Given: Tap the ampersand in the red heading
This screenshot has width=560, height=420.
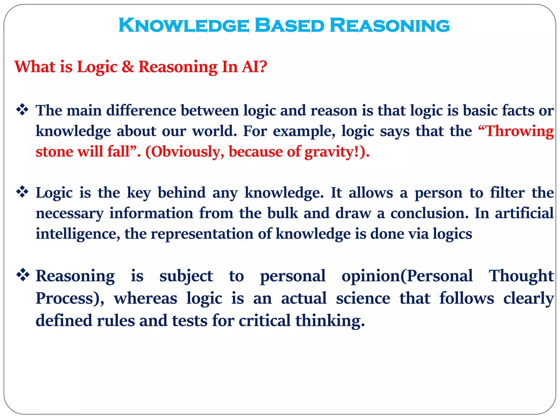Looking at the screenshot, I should click(128, 67).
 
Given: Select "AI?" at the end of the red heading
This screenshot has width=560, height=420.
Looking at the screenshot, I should click(254, 67).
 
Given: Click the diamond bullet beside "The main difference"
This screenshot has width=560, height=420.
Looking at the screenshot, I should click(22, 110).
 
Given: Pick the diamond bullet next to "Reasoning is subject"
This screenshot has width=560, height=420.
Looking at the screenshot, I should click(23, 275).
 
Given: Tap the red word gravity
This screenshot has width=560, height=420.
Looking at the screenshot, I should click(329, 152).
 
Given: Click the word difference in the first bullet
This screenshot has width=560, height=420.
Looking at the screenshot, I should click(141, 110).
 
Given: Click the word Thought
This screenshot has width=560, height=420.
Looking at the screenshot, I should click(521, 276).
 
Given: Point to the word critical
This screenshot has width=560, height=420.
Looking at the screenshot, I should click(264, 320).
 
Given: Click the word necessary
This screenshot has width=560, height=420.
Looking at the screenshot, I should click(70, 213).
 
